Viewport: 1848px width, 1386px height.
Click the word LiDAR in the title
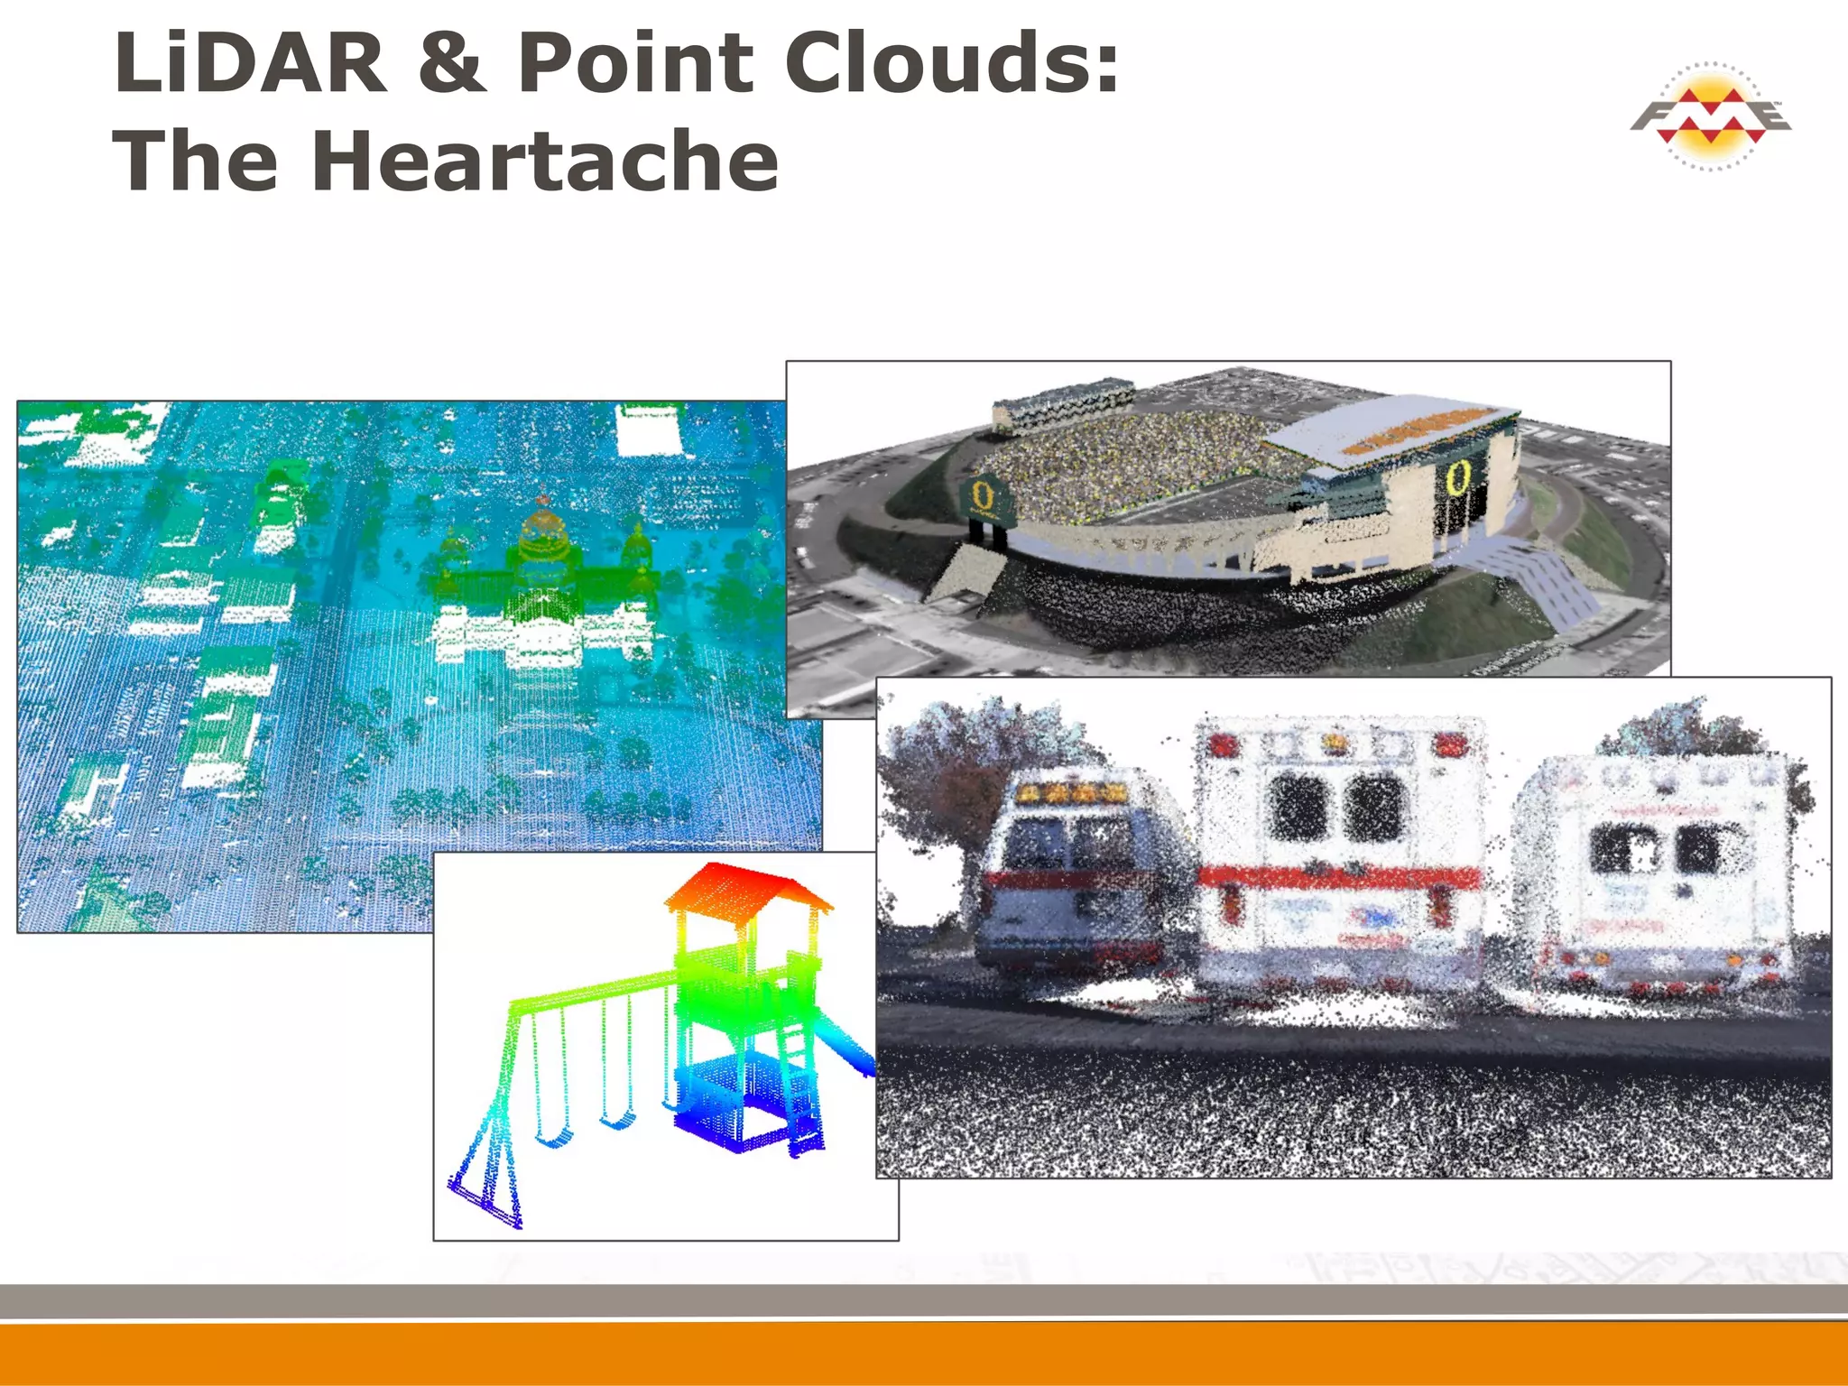pos(250,63)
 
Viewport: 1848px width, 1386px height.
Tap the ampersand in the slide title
pos(453,63)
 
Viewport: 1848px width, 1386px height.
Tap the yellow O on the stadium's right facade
pos(1456,477)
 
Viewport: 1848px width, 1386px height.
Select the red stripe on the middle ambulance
pos(1340,875)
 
